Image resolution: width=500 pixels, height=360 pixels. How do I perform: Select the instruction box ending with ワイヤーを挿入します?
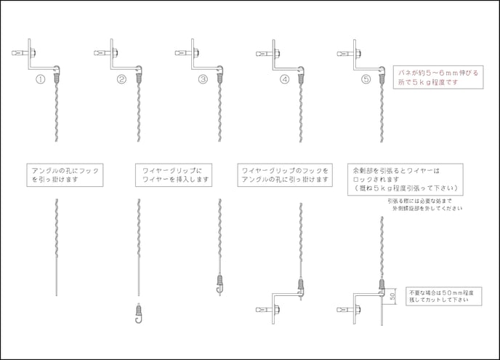pos(173,174)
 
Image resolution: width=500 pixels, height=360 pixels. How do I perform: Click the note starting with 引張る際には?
pos(424,204)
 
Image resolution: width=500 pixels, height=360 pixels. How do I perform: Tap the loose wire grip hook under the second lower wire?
pos(138,311)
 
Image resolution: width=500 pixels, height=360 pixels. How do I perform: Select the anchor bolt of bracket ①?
pos(21,52)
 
